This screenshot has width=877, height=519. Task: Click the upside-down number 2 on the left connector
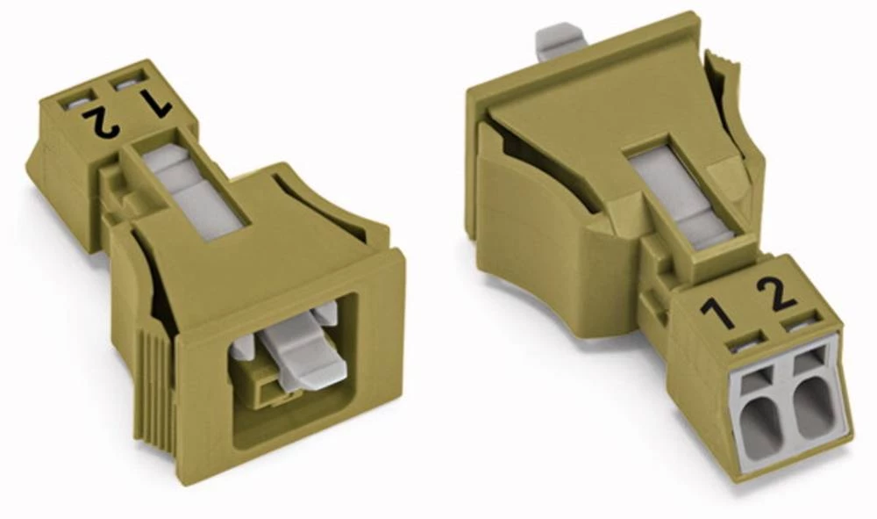pyautogui.click(x=103, y=122)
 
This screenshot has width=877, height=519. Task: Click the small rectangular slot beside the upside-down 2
pyautogui.click(x=72, y=104)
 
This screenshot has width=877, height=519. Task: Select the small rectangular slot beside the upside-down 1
pyautogui.click(x=127, y=85)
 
